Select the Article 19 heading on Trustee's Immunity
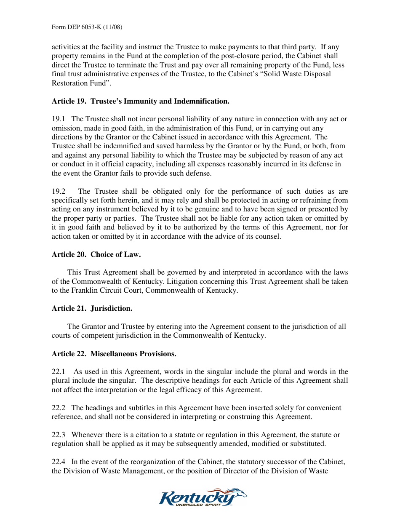pyautogui.click(x=140, y=101)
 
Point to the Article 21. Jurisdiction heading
pyautogui.click(x=92, y=308)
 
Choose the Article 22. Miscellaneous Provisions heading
pyautogui.click(x=114, y=354)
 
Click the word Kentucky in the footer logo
pyautogui.click(x=196, y=498)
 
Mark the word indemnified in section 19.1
pyautogui.click(x=109, y=146)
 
